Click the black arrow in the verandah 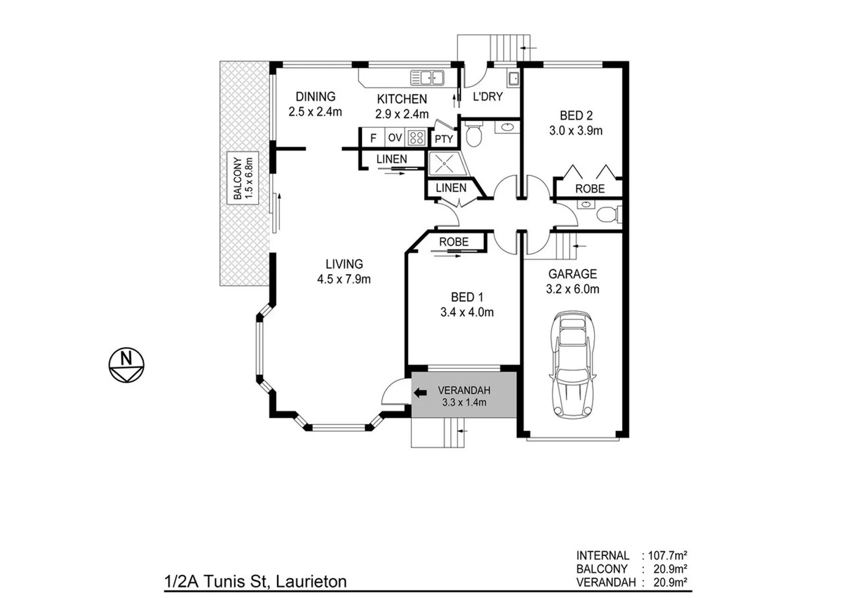(x=420, y=394)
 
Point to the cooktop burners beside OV (x=416, y=138)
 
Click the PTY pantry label (x=444, y=139)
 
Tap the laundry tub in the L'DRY (x=513, y=78)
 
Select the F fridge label (x=373, y=138)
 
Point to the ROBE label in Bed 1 (x=454, y=241)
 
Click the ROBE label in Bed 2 (x=589, y=189)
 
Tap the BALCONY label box (x=242, y=178)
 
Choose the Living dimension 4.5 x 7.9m (x=344, y=279)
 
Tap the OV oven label (x=395, y=138)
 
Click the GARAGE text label (x=572, y=274)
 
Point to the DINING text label (x=315, y=97)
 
